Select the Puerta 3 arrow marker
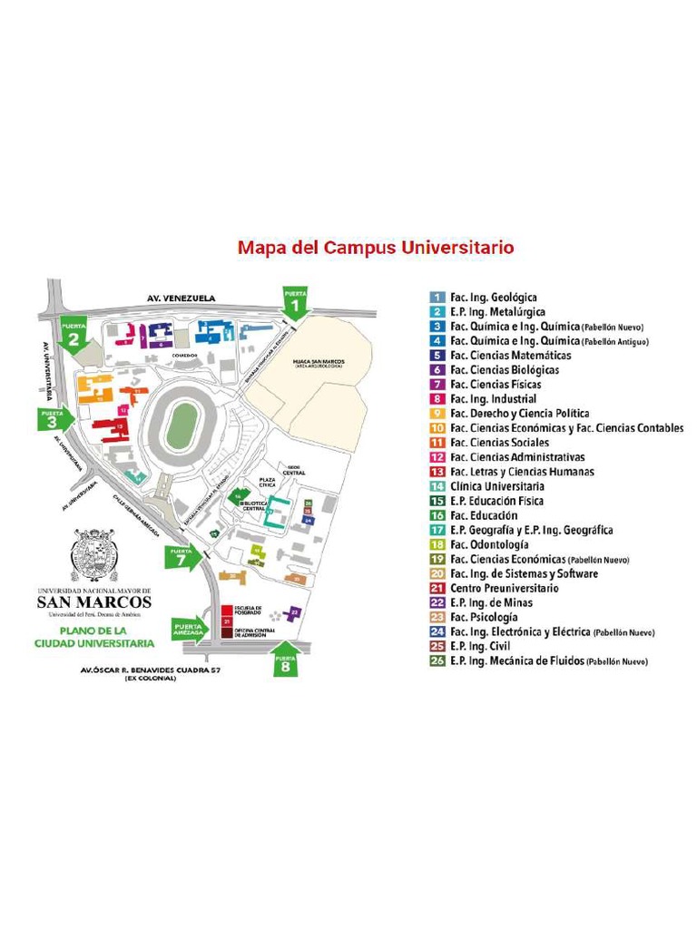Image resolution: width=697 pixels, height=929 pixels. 53,419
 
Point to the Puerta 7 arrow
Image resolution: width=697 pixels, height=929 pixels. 181,556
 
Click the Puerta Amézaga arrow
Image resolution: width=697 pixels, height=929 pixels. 190,629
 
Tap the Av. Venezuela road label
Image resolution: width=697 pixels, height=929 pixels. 181,297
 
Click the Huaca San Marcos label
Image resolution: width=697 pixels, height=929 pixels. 318,363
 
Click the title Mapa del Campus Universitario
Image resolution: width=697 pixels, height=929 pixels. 376,247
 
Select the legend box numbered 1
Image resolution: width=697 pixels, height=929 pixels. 437,297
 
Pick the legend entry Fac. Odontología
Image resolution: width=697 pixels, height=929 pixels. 489,544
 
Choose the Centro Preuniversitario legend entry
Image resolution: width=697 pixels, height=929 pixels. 505,588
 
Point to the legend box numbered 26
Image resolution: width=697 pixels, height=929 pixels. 437,660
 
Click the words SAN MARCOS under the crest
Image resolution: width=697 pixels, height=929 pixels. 94,602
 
